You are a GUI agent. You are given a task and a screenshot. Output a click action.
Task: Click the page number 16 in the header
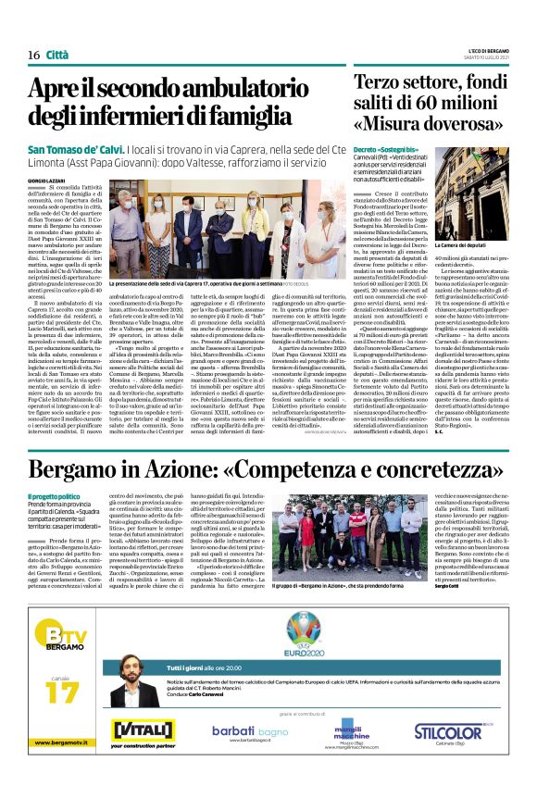click(33, 55)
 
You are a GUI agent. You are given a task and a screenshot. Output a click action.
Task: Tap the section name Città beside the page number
click(59, 55)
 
